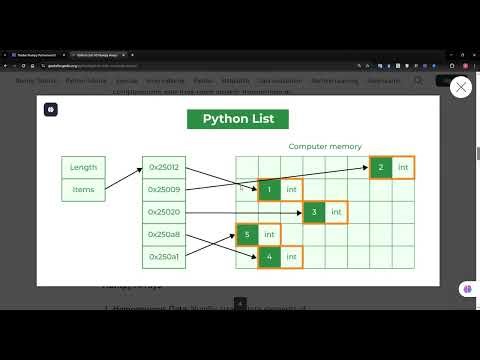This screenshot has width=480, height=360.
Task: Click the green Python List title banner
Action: point(239,119)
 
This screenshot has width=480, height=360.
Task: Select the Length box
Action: point(83,167)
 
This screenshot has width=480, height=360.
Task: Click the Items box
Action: point(83,189)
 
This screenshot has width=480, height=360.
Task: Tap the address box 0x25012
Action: point(164,167)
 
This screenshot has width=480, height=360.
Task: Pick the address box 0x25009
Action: point(164,189)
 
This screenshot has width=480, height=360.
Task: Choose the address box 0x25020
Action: point(164,212)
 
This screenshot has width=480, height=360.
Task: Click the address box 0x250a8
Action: point(164,234)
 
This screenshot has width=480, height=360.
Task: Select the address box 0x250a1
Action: point(164,257)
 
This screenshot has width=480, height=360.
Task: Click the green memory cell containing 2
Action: point(381,167)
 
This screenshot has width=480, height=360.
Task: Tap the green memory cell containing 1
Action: point(269,189)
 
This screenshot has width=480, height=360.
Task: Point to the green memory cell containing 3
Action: point(314,212)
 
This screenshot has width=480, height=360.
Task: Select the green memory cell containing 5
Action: point(247,234)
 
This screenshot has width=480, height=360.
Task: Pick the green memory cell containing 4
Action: point(269,257)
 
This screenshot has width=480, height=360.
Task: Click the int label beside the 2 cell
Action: point(403,167)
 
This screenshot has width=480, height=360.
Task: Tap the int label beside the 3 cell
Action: point(336,212)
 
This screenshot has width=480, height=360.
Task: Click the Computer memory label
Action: point(324,146)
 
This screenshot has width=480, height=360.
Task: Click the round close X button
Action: point(461,88)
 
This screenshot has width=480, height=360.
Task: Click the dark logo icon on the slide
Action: point(50,109)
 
